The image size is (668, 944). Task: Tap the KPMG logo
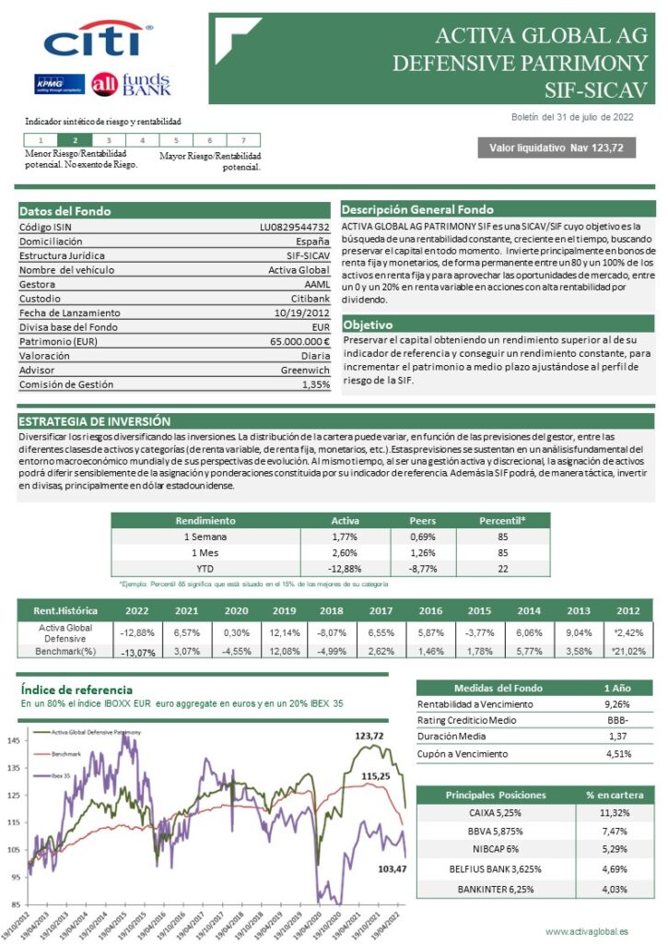coord(59,84)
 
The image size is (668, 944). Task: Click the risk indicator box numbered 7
coord(243,140)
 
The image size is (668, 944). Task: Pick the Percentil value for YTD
coord(503,569)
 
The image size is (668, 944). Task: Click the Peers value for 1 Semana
coord(422,536)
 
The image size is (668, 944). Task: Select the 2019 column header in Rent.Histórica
coord(284,610)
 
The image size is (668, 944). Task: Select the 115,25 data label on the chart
coord(375,776)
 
